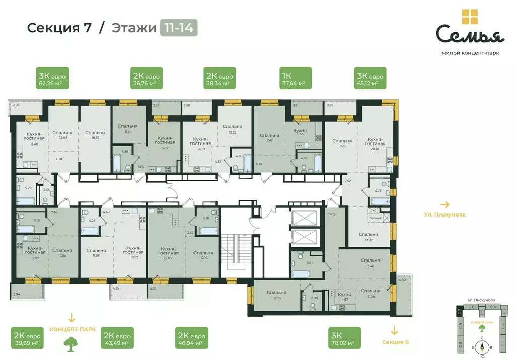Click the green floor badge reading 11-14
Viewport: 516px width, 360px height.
click(x=178, y=28)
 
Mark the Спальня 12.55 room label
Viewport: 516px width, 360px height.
click(x=277, y=295)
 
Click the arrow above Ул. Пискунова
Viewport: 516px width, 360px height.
click(x=445, y=205)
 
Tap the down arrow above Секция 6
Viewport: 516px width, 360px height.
click(x=394, y=331)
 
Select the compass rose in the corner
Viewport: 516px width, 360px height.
click(x=483, y=346)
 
